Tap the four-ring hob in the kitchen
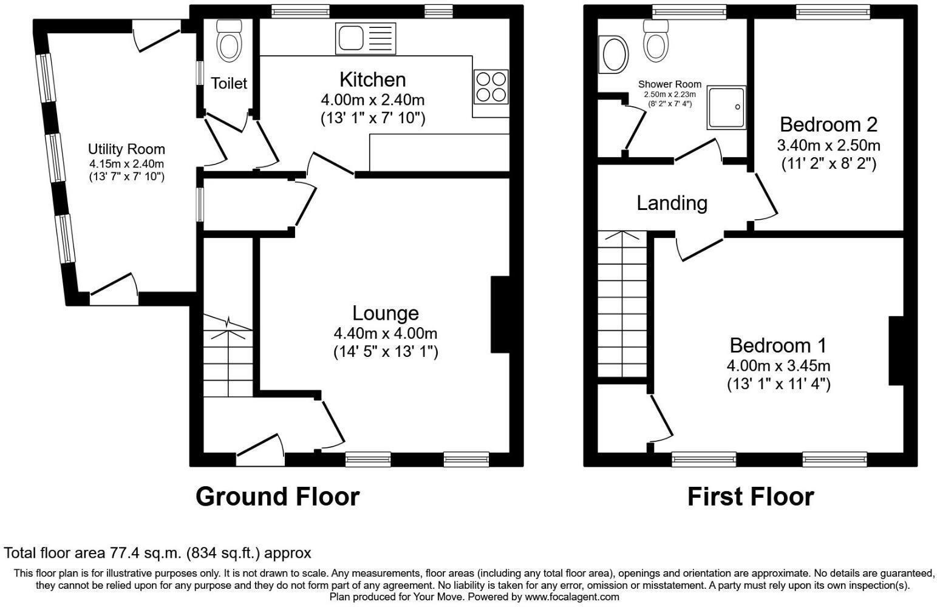(491, 87)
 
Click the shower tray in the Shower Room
(726, 107)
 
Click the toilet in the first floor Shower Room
(656, 41)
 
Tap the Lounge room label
(386, 313)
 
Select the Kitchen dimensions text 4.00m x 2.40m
(372, 100)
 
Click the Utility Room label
(126, 149)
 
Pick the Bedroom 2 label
(828, 124)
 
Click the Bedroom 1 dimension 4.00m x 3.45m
(778, 366)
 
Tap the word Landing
(672, 203)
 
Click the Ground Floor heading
(278, 497)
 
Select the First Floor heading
(750, 497)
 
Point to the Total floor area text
(157, 553)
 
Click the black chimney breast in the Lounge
(500, 314)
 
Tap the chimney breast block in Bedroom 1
(896, 350)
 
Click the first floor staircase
(622, 303)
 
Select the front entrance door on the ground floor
(260, 452)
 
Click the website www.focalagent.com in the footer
(571, 597)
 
